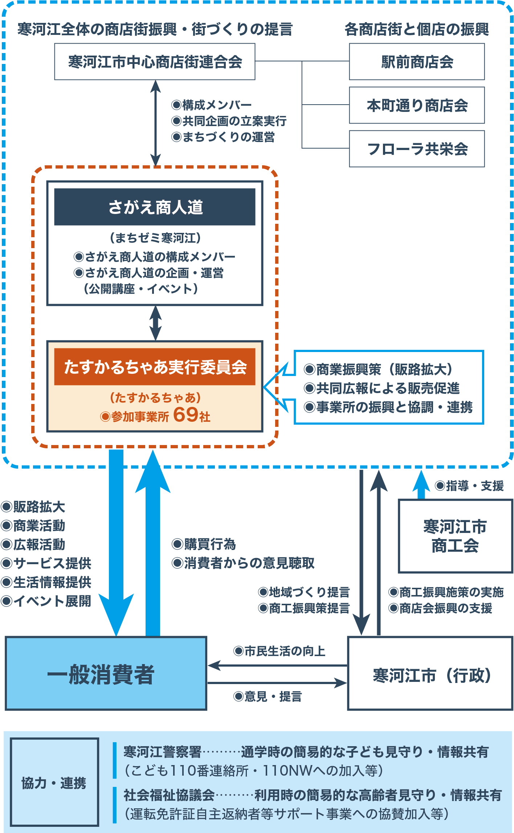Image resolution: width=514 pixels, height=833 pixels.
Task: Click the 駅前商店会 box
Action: [x=417, y=62]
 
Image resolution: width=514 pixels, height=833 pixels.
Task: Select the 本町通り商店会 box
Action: [x=417, y=105]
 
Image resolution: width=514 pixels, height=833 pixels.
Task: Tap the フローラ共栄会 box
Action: [x=417, y=149]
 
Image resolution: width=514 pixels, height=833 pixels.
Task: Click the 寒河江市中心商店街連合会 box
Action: [x=155, y=62]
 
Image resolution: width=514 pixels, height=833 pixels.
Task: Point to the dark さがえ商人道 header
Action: [x=155, y=207]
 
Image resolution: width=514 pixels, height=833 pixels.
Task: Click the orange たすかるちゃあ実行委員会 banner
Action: [x=155, y=367]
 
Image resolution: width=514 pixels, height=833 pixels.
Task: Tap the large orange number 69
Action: [x=186, y=415]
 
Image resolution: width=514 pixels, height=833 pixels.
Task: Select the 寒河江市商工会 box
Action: [x=455, y=536]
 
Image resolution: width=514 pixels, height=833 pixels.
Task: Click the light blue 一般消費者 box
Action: [x=106, y=674]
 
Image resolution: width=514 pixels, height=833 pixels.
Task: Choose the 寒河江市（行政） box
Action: [x=431, y=674]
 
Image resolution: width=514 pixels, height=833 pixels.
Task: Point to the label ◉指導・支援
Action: [x=469, y=486]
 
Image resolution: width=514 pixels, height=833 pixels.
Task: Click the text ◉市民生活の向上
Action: [x=279, y=651]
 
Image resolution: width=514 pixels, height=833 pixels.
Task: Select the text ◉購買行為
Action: [x=204, y=544]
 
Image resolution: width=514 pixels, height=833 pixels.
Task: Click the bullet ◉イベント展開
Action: [x=46, y=601]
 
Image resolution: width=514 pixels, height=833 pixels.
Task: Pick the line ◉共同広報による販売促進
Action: [x=382, y=388]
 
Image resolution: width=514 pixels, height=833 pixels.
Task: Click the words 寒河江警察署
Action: [x=162, y=752]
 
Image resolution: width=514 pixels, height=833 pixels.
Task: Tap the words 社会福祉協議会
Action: [x=169, y=795]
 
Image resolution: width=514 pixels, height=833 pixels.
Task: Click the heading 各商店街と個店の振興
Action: [x=416, y=29]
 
